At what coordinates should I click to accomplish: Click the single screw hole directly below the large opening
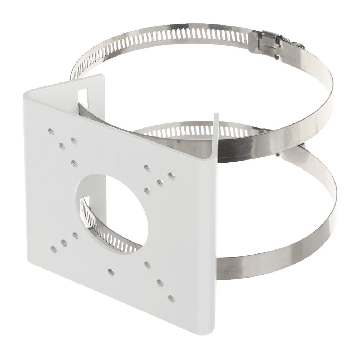(111, 271)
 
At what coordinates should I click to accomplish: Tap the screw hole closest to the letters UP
(74, 163)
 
